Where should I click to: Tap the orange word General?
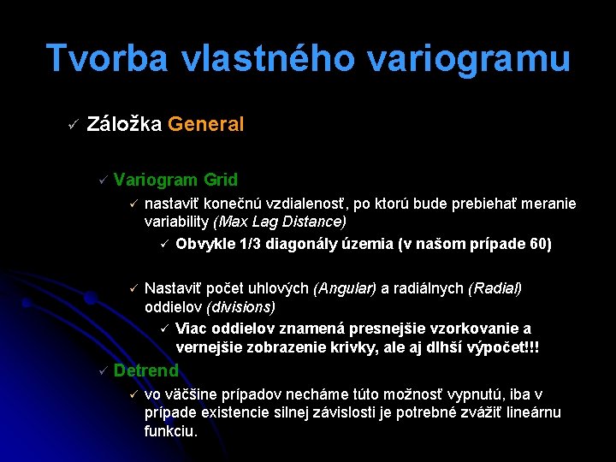pyautogui.click(x=206, y=124)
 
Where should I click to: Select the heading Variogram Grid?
pyautogui.click(x=175, y=180)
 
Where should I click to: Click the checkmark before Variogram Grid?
pyautogui.click(x=101, y=181)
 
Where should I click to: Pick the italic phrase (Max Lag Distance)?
pyautogui.click(x=280, y=222)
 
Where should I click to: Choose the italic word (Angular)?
pyautogui.click(x=344, y=288)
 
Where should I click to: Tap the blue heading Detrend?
pyautogui.click(x=145, y=370)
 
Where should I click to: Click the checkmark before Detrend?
pyautogui.click(x=101, y=371)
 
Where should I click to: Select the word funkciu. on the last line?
pyautogui.click(x=171, y=430)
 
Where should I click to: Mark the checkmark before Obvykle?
pyautogui.click(x=164, y=245)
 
